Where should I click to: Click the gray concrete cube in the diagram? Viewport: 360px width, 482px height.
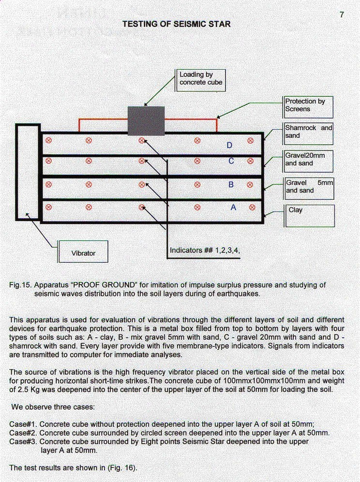tap(146, 121)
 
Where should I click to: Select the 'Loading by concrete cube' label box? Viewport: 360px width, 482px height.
tap(200, 80)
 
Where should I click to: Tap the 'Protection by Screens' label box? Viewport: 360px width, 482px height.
tap(308, 107)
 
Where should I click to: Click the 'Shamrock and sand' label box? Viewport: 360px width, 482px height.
tap(308, 134)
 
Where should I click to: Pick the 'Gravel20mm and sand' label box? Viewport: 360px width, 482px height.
tap(308, 161)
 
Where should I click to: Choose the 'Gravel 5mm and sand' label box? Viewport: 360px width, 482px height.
tap(309, 188)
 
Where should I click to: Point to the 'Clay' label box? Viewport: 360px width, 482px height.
tap(309, 216)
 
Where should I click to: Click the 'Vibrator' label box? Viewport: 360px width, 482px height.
tap(83, 252)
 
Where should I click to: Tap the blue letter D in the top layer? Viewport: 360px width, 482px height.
tap(230, 145)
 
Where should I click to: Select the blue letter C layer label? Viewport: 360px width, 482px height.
tap(231, 161)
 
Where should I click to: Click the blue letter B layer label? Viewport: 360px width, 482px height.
tap(231, 184)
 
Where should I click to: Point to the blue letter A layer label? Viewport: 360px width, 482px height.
tap(233, 208)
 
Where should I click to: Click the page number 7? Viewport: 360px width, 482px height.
tap(342, 15)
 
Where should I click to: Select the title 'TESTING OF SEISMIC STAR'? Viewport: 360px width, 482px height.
tap(177, 24)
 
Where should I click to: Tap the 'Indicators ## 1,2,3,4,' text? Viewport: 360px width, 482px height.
tap(205, 250)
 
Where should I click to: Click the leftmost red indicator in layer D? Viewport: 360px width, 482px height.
tap(48, 140)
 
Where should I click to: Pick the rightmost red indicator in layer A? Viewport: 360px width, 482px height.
tap(252, 208)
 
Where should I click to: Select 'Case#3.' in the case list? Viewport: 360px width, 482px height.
tap(23, 442)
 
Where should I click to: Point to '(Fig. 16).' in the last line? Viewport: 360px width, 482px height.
tap(122, 468)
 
